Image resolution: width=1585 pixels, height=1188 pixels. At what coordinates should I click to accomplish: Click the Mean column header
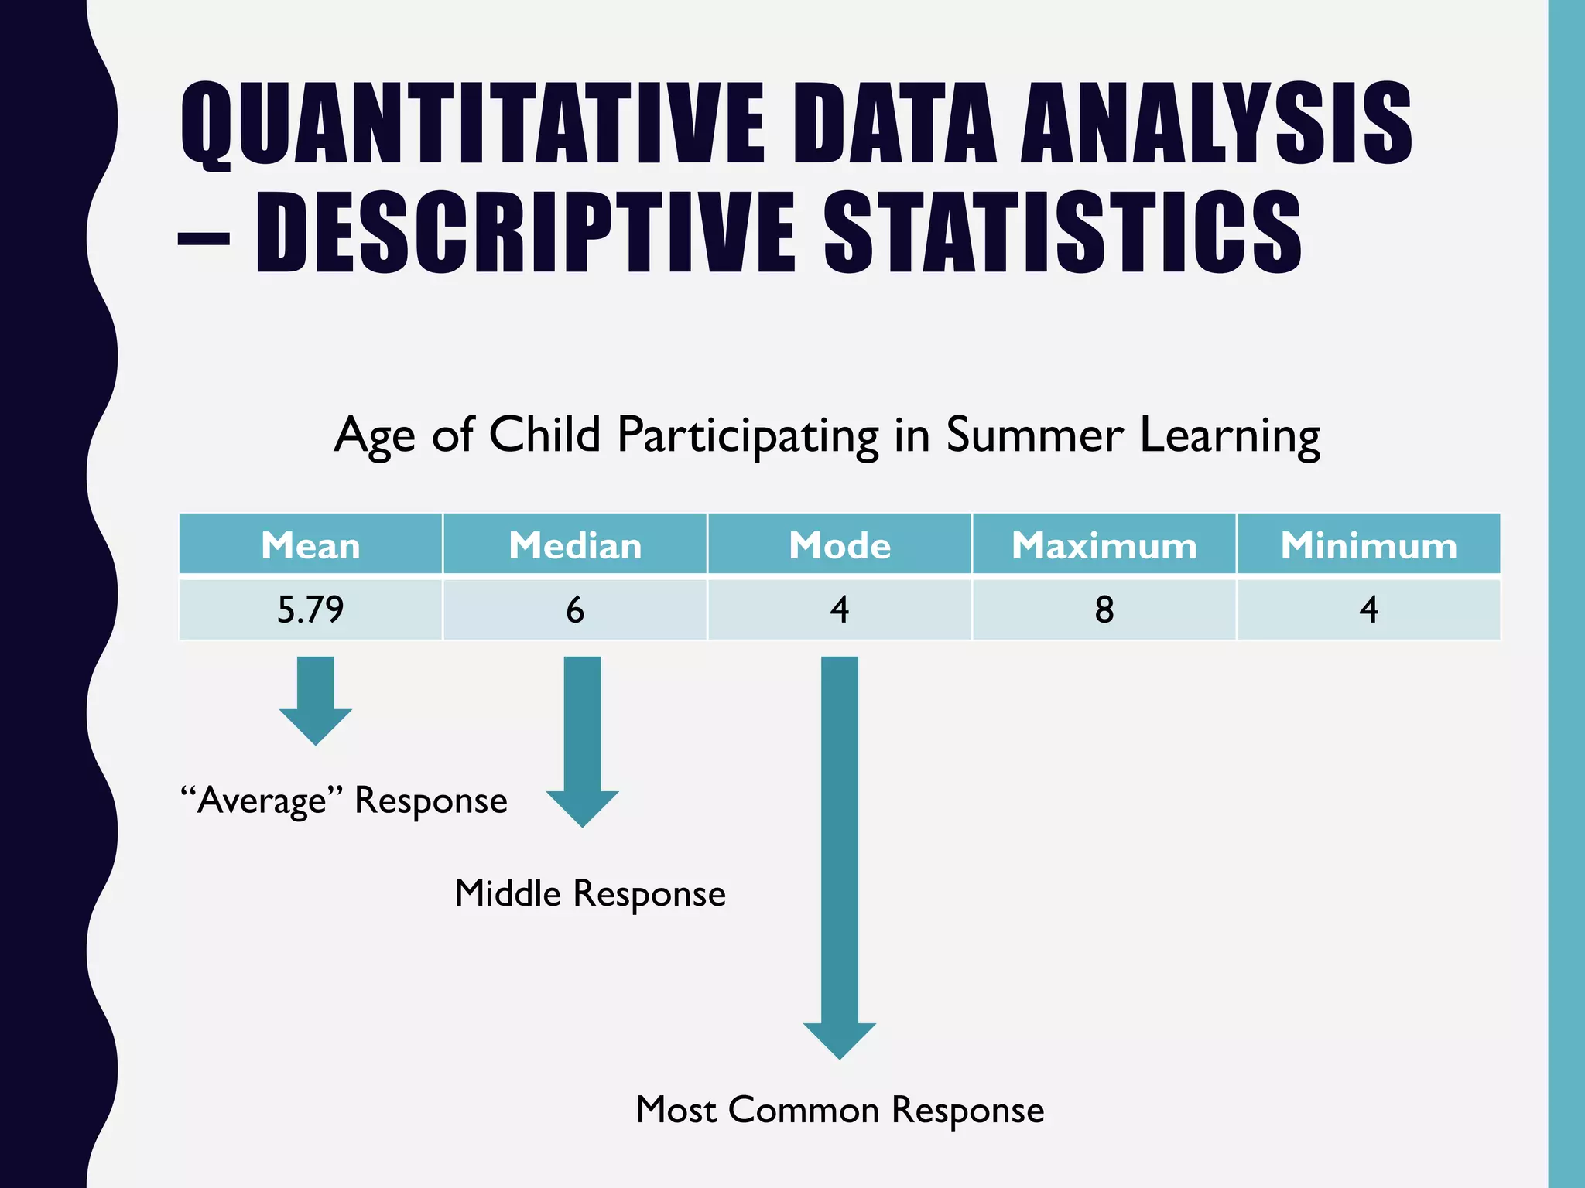(x=310, y=545)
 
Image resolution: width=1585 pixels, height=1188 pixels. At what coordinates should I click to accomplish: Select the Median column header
(x=575, y=545)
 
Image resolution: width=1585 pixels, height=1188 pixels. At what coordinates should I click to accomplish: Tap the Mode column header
(x=840, y=545)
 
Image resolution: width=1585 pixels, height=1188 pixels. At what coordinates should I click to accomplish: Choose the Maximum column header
(x=1104, y=545)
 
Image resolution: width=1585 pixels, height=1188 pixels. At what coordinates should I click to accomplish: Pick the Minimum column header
(x=1368, y=545)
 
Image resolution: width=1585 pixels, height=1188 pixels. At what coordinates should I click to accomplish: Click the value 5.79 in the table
(x=310, y=609)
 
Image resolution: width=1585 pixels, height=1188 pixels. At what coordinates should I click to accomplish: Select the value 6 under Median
(x=575, y=609)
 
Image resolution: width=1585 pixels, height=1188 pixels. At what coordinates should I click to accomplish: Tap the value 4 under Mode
(x=840, y=609)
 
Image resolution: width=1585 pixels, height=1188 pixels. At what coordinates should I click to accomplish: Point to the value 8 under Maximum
(x=1104, y=609)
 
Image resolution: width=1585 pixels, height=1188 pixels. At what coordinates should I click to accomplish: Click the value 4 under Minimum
(x=1368, y=609)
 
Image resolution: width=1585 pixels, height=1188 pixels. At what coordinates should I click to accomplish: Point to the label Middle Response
(x=590, y=893)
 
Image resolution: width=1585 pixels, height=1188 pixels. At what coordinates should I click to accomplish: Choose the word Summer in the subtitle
(x=1034, y=435)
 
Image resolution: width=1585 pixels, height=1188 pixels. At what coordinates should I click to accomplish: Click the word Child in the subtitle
(x=545, y=435)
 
